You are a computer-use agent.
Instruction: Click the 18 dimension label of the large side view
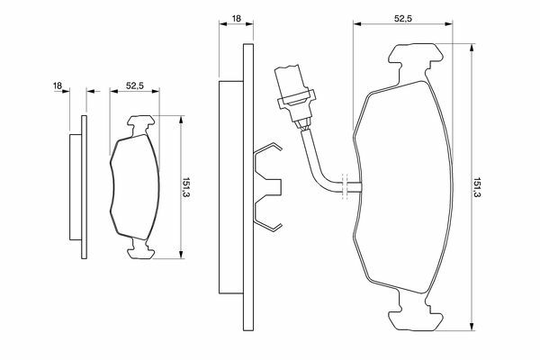[237, 18]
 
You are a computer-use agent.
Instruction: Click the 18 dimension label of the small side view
[58, 85]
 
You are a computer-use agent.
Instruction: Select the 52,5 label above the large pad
[403, 19]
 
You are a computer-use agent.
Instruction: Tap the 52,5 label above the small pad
[135, 85]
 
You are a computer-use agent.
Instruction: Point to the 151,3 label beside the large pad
[477, 187]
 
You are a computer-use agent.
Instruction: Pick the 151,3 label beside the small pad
[186, 187]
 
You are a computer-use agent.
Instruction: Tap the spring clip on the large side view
[268, 187]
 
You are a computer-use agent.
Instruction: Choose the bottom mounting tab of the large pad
[416, 312]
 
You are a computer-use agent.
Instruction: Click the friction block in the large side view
[231, 187]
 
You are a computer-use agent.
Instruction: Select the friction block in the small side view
[76, 187]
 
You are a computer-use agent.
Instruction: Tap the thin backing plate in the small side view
[84, 187]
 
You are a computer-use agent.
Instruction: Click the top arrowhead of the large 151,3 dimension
[472, 48]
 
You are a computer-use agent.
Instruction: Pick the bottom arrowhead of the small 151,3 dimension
[181, 254]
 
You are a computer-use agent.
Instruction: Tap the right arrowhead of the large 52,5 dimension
[448, 23]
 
